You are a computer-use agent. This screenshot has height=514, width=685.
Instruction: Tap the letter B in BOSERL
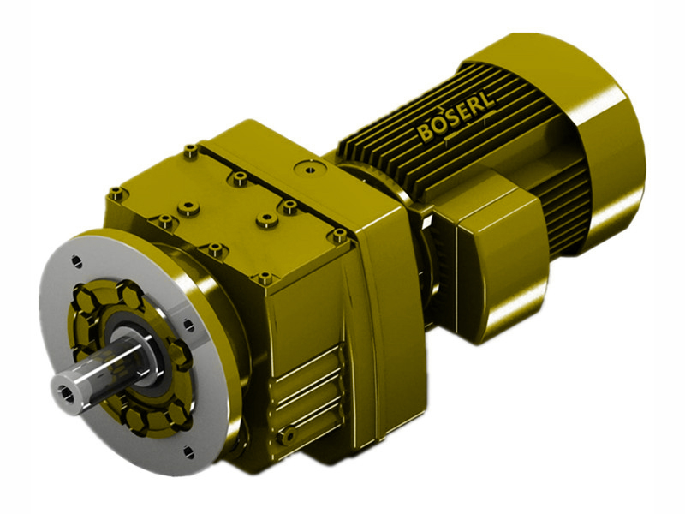click(426, 135)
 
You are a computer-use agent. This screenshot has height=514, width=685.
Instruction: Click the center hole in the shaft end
click(66, 392)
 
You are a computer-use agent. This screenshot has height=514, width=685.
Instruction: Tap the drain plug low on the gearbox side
click(292, 436)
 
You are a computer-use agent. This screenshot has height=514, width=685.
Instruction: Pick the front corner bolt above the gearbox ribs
click(265, 278)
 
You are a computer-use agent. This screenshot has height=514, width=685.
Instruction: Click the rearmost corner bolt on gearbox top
click(190, 152)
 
